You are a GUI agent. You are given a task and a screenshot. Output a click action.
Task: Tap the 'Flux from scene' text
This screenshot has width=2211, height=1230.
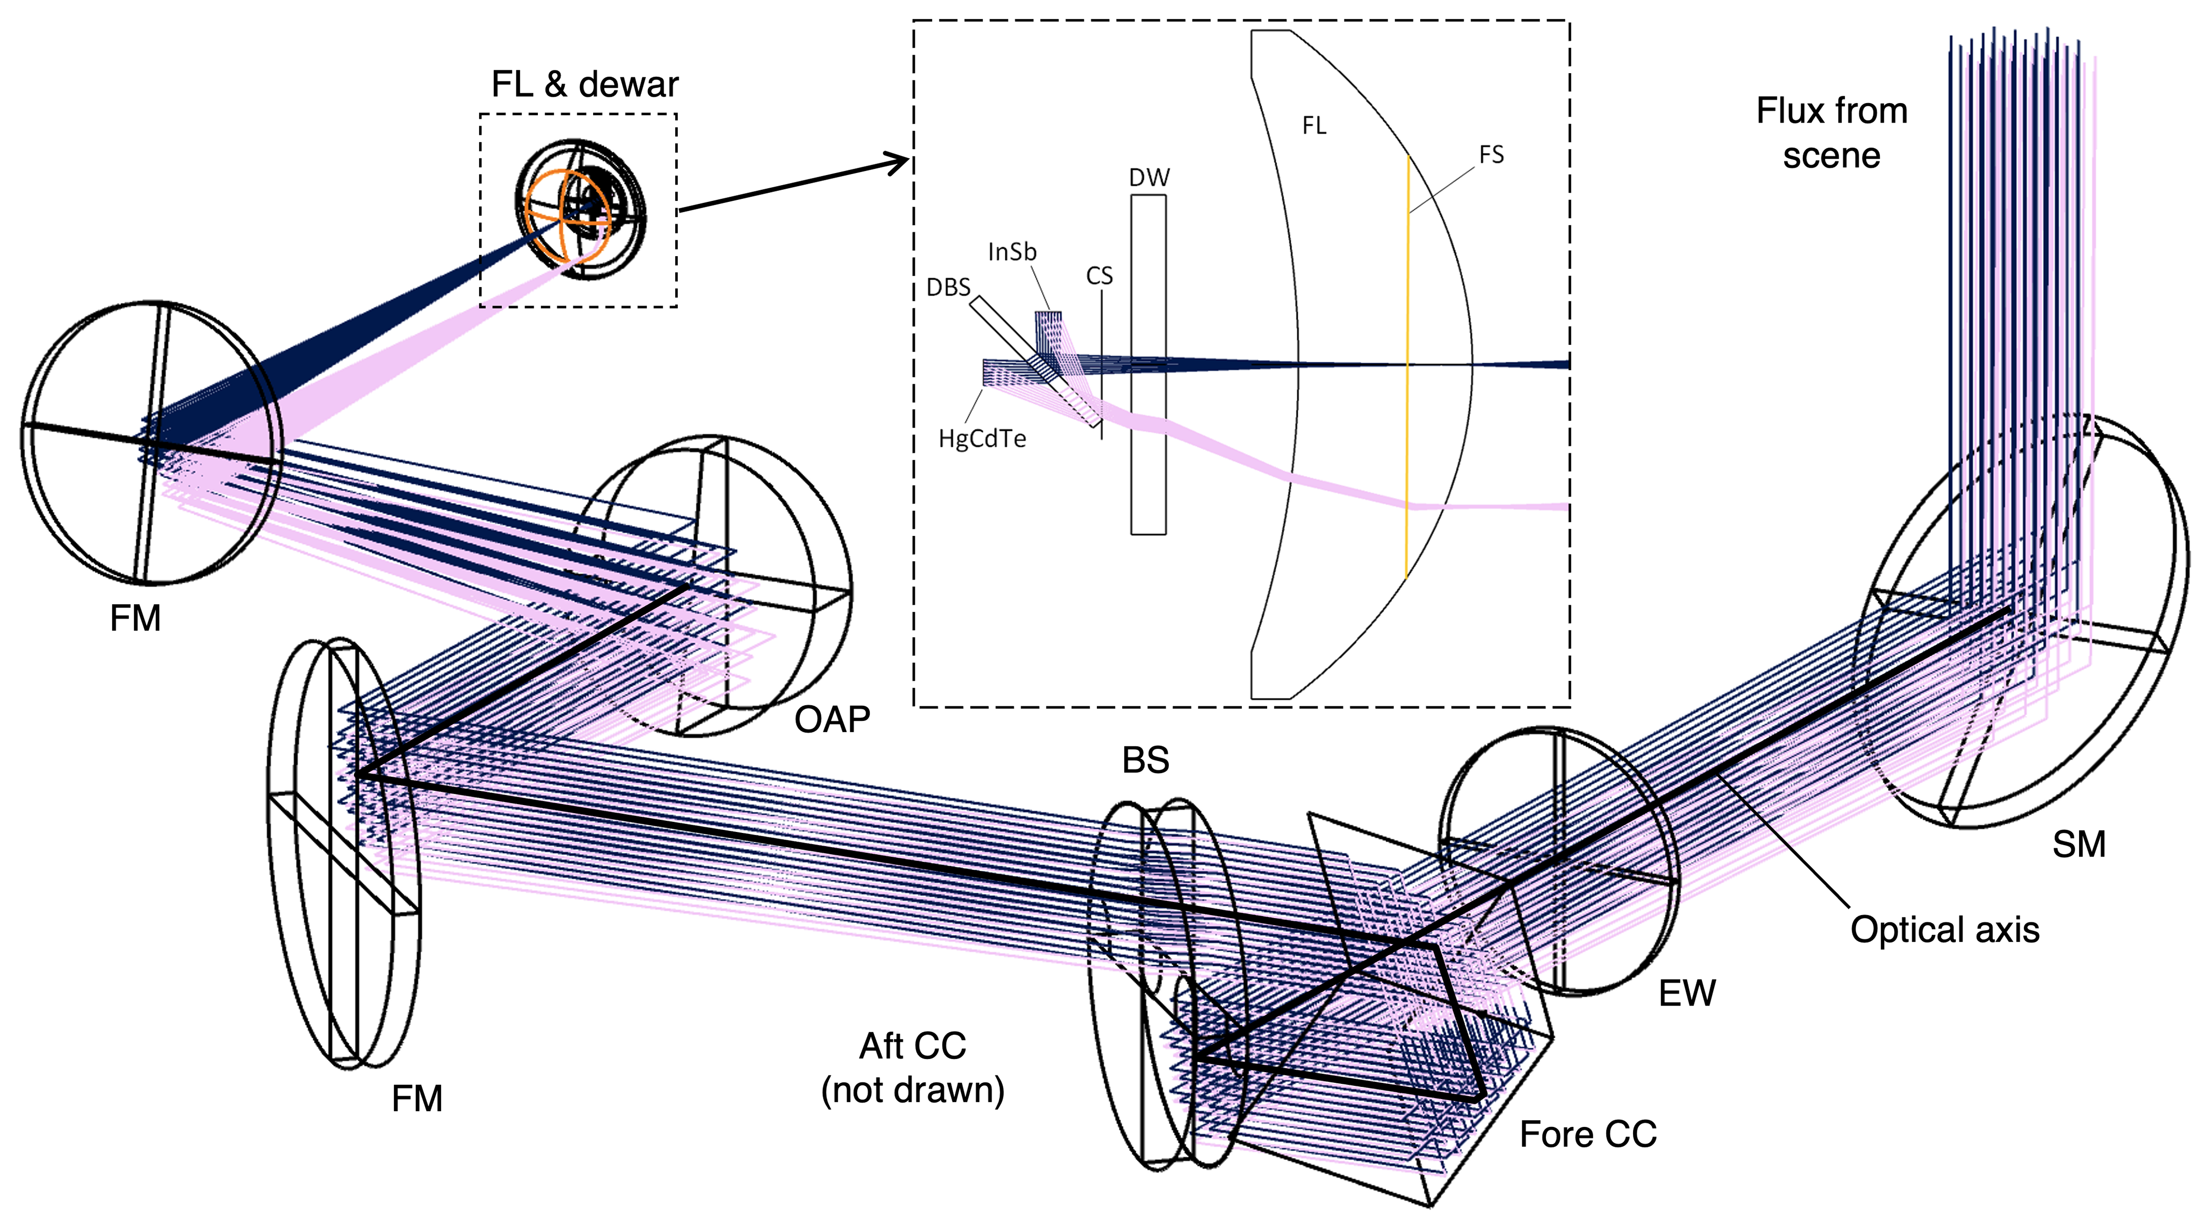(1831, 133)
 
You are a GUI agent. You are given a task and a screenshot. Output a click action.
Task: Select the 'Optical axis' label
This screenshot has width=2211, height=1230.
(1944, 930)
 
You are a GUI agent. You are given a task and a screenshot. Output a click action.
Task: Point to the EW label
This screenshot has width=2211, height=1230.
(1687, 993)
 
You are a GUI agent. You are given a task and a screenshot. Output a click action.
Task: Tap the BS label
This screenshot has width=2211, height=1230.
(1146, 760)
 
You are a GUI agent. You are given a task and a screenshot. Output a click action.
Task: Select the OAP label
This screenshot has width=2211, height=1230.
(832, 719)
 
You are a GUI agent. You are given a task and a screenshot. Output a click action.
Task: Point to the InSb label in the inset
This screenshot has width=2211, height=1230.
(1012, 252)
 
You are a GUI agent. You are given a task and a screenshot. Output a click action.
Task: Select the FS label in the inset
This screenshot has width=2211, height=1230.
(1491, 155)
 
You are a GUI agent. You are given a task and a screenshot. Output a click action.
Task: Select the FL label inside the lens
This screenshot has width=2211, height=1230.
(1314, 126)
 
